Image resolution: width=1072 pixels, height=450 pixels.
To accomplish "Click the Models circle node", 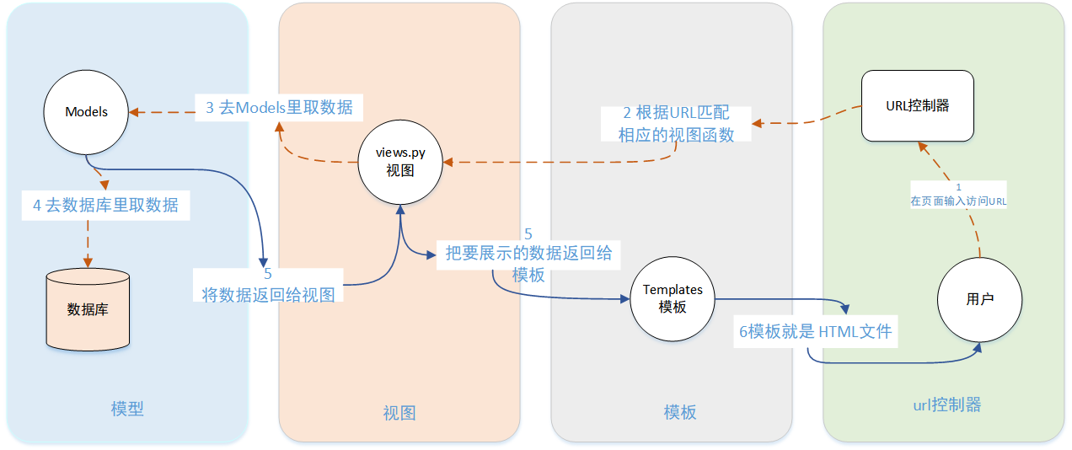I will [87, 112].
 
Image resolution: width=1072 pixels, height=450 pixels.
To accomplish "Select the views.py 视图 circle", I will [400, 161].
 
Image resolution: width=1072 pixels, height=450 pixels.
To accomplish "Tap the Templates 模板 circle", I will [672, 298].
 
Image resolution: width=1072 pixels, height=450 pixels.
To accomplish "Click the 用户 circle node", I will [980, 299].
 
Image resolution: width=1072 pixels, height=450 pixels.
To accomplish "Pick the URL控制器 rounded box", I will [917, 106].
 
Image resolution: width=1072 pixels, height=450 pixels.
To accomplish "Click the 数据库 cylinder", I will [88, 309].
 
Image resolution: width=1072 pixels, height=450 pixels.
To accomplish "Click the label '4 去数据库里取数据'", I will [105, 205].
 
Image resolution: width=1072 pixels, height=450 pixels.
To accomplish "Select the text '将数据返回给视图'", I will [268, 294].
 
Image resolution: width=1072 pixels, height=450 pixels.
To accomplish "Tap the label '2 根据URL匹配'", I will [675, 114].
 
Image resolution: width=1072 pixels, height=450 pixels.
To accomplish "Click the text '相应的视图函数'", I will [675, 134].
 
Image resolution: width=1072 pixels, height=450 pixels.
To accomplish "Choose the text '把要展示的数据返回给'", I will [528, 253].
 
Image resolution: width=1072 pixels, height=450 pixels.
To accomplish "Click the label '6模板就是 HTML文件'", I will [815, 331].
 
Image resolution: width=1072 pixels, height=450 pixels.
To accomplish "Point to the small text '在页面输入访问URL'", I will [958, 201].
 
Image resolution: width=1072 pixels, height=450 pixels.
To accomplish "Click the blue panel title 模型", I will [127, 409].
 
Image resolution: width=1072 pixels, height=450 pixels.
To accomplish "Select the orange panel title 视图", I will [399, 413].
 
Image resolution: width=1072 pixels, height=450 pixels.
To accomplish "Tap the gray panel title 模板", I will [679, 412].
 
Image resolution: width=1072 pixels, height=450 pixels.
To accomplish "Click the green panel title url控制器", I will [946, 404].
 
